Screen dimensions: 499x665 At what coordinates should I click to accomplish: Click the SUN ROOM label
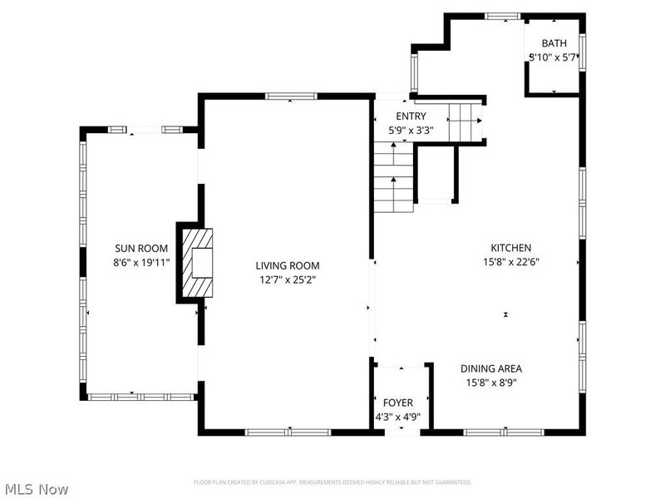(x=141, y=248)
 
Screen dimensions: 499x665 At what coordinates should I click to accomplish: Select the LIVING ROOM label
(x=286, y=265)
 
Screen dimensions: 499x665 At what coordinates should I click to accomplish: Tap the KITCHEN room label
(x=510, y=248)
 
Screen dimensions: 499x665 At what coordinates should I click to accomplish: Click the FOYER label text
(x=398, y=403)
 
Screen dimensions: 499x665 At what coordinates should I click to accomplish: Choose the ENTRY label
(x=411, y=116)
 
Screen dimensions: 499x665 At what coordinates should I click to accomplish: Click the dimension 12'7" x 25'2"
(x=286, y=279)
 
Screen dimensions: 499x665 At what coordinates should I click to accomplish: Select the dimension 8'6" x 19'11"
(x=141, y=262)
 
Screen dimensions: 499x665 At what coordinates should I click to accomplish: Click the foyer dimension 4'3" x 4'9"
(x=398, y=417)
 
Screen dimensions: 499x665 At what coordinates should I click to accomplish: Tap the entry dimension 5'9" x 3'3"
(x=411, y=131)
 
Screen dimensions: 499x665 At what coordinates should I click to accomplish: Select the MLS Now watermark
(x=37, y=489)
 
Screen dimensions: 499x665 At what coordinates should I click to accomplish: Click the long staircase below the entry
(x=393, y=176)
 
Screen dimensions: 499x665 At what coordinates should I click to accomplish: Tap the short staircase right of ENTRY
(x=465, y=123)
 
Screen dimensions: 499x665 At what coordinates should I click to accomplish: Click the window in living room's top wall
(x=290, y=96)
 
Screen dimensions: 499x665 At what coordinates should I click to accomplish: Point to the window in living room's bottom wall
(x=287, y=432)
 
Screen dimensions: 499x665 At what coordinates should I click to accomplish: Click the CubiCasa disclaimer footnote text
(x=332, y=482)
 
